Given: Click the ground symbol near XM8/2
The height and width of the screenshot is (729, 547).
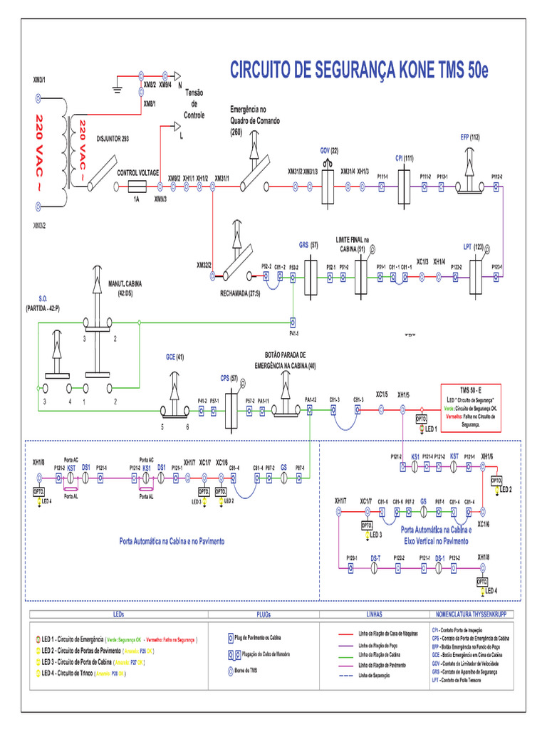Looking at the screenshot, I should pyautogui.click(x=118, y=88).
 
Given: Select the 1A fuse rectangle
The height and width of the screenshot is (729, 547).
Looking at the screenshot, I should pyautogui.click(x=137, y=186).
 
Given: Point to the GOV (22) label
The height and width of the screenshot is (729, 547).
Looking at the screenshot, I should pyautogui.click(x=329, y=150).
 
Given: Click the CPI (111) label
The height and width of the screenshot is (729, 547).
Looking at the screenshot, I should pyautogui.click(x=404, y=158).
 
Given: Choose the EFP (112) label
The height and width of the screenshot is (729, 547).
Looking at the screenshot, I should pyautogui.click(x=470, y=137).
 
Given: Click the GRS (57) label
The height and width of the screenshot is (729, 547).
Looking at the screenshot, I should pyautogui.click(x=308, y=245).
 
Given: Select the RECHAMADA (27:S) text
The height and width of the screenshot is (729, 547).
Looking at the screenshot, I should pyautogui.click(x=240, y=293).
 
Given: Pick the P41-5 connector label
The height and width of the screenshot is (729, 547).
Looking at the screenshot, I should pyautogui.click(x=293, y=333).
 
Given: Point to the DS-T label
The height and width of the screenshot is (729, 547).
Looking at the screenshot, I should pyautogui.click(x=375, y=557).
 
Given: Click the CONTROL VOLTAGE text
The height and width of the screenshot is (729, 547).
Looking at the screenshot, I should pyautogui.click(x=137, y=172).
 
